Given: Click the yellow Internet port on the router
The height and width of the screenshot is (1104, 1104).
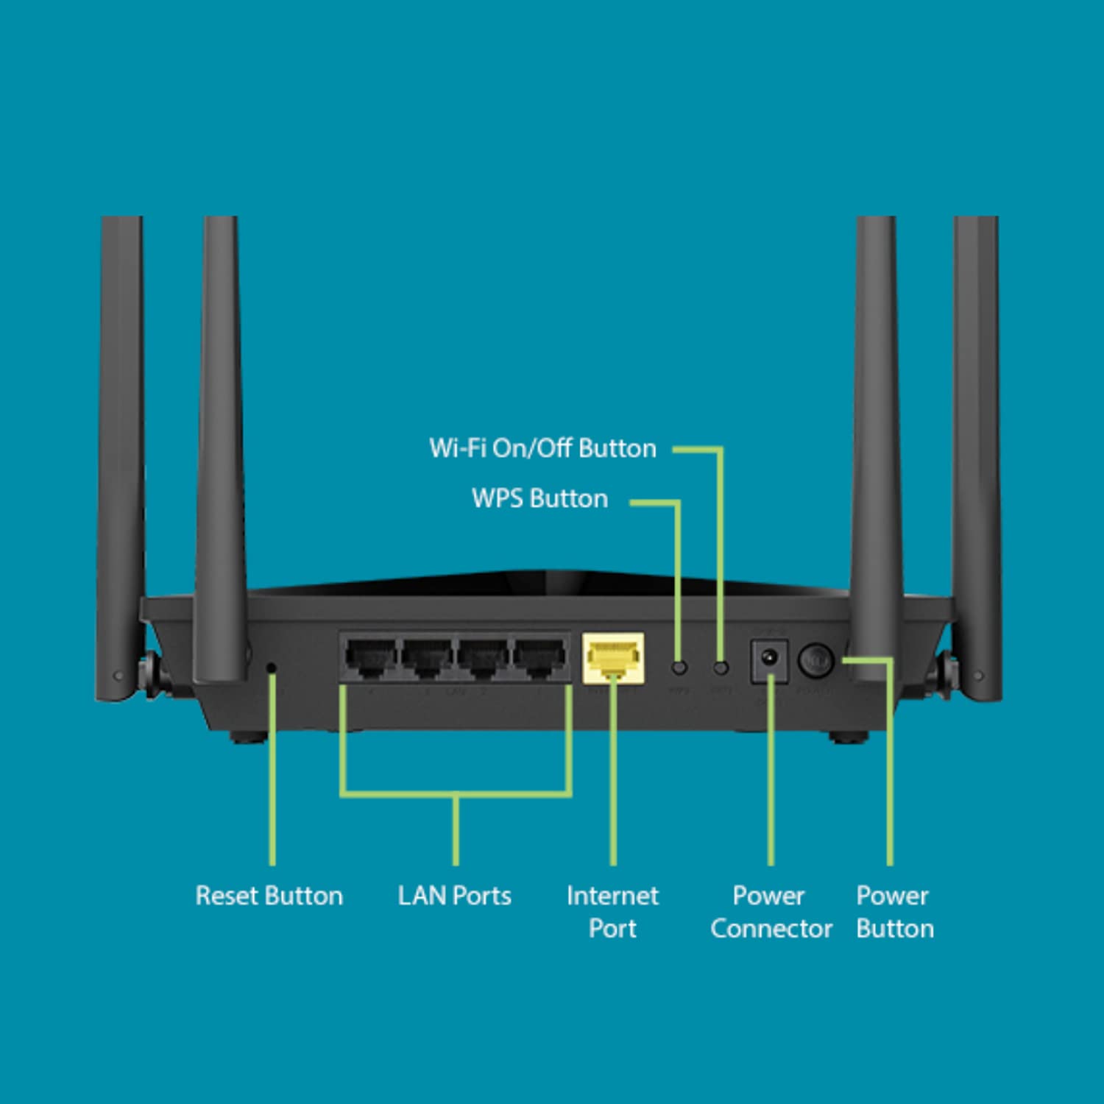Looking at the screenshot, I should tap(613, 657).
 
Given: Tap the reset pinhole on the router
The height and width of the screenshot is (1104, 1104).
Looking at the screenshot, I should tap(271, 668).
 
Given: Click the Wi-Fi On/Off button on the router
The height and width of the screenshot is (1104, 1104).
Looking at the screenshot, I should tap(721, 668).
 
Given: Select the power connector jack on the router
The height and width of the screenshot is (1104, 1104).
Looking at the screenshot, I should tap(769, 659).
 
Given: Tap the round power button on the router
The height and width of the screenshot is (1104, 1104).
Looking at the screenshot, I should tap(815, 659).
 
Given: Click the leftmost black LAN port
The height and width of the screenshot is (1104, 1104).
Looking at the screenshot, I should tap(371, 657).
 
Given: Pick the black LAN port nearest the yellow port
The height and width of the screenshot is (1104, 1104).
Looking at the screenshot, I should tap(539, 657).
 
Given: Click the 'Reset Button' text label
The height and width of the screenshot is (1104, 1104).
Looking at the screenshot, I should tap(269, 896).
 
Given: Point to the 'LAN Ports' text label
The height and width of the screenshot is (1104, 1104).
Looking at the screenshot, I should tap(454, 896).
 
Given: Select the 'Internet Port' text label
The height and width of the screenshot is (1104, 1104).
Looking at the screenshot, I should tap(612, 912).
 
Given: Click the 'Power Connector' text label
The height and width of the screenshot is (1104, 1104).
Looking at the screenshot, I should tap(771, 912).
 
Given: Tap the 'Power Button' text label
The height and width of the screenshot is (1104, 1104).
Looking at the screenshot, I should tap(895, 912).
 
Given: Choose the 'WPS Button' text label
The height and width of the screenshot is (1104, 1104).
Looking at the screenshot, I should tap(539, 498).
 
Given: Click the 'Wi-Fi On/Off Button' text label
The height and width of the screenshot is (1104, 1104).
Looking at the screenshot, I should tap(542, 448).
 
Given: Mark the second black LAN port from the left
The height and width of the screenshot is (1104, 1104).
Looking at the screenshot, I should tap(427, 657).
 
